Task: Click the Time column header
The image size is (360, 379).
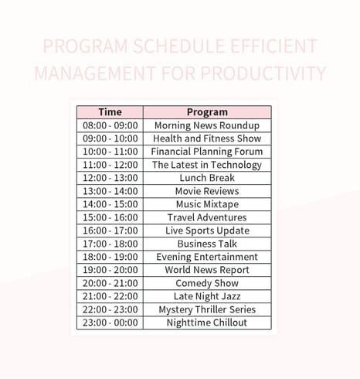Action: (110, 112)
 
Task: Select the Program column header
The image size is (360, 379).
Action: (207, 112)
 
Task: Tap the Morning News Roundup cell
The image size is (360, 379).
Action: (207, 125)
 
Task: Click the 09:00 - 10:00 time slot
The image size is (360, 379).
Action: (110, 138)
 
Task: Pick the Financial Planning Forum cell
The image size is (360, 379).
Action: (207, 152)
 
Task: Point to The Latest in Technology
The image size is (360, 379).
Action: (207, 165)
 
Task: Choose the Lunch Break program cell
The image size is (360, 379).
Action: (207, 178)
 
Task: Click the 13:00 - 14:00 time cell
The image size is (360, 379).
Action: (110, 191)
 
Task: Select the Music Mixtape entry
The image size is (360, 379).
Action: (207, 204)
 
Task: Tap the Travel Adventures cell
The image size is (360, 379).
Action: (207, 217)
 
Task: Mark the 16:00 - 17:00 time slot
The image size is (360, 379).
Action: (110, 230)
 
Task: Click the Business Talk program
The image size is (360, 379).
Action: (207, 244)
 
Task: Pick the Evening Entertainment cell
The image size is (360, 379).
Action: (207, 257)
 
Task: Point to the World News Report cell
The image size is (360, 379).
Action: (207, 270)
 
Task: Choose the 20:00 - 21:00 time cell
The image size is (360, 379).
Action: (110, 283)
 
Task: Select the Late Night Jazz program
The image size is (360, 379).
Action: (207, 296)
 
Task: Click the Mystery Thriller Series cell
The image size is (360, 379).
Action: (207, 309)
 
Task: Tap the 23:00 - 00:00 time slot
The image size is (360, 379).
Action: (110, 323)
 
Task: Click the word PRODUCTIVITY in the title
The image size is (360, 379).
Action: (263, 73)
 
